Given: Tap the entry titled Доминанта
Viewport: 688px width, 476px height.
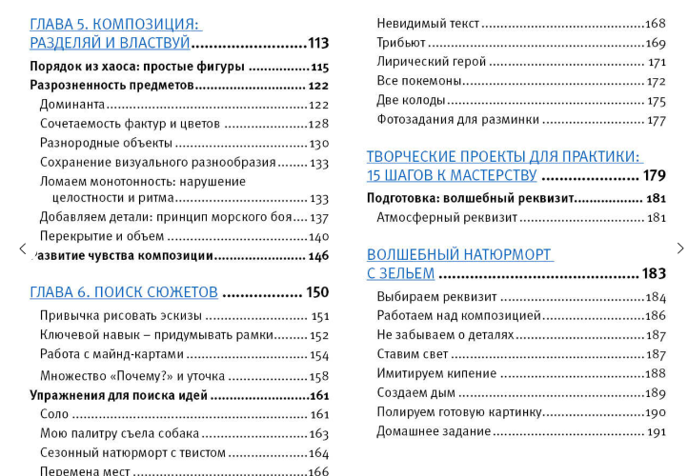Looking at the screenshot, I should pyautogui.click(x=72, y=105).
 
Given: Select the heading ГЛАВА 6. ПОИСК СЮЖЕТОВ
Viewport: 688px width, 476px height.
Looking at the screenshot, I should pyautogui.click(x=124, y=292).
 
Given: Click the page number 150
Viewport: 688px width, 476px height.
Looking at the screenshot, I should pyautogui.click(x=317, y=292).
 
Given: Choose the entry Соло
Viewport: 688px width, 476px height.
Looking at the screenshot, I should pyautogui.click(x=53, y=414).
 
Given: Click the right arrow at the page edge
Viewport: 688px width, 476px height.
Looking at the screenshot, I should pyautogui.click(x=679, y=248).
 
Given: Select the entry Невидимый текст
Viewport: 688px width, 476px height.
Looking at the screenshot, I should pyautogui.click(x=428, y=24).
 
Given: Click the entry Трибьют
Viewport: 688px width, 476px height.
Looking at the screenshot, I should pyautogui.click(x=401, y=43).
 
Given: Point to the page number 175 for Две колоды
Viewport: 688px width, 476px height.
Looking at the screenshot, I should pyautogui.click(x=657, y=101).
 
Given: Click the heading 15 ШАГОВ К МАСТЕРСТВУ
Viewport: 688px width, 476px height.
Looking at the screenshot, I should pyautogui.click(x=452, y=175).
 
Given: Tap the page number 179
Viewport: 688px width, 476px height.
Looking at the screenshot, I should pyautogui.click(x=655, y=175).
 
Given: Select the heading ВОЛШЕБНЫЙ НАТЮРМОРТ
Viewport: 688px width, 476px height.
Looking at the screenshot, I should pyautogui.click(x=459, y=255).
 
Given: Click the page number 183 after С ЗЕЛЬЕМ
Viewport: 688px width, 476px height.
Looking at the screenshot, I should pyautogui.click(x=654, y=273).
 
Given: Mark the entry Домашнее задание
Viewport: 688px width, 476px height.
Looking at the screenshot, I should pyautogui.click(x=434, y=432).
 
